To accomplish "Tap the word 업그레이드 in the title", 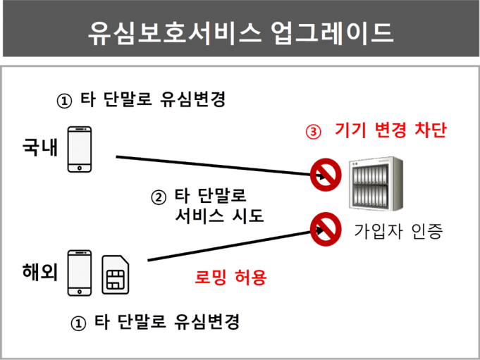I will click(332, 32).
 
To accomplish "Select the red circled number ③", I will click(312, 132).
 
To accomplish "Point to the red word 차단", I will click(431, 131).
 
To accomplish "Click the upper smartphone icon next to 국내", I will click(80, 149).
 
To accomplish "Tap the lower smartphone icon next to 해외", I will click(80, 273).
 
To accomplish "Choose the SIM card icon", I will click(116, 275).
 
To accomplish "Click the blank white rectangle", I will click(81, 209).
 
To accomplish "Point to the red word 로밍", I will click(209, 278).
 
